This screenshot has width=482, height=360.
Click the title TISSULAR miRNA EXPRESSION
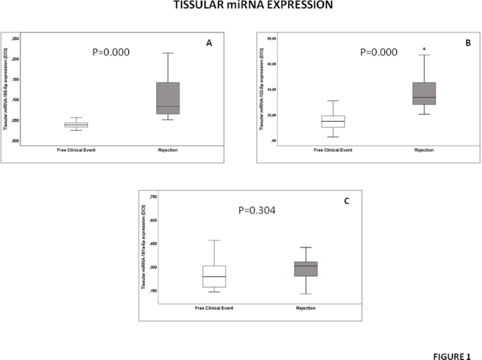(240, 6)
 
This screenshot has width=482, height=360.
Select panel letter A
(209, 44)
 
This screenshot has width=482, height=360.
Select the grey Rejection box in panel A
(167, 98)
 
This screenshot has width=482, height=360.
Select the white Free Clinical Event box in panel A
(76, 125)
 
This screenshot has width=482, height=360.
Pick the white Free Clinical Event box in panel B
(333, 122)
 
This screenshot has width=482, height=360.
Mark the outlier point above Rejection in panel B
(424, 49)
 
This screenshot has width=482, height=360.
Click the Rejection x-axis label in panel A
(167, 150)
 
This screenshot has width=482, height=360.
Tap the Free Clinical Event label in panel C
(214, 307)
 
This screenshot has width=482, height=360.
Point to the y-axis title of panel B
(261, 89)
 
